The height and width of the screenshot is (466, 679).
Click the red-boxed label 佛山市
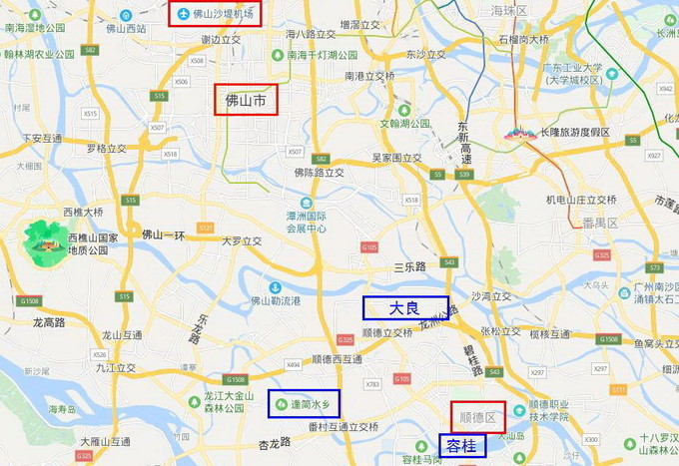pos(246,100)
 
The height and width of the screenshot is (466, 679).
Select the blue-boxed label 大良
pos(404,307)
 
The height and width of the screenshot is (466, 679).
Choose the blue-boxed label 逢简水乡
pos(304,404)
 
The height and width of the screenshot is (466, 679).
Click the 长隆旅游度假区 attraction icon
pos(516,131)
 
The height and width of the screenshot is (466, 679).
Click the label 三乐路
pos(409,266)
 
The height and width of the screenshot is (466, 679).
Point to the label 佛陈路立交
pos(319,173)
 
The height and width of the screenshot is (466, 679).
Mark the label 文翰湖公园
pos(404,124)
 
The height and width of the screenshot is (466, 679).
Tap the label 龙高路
pos(49,322)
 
